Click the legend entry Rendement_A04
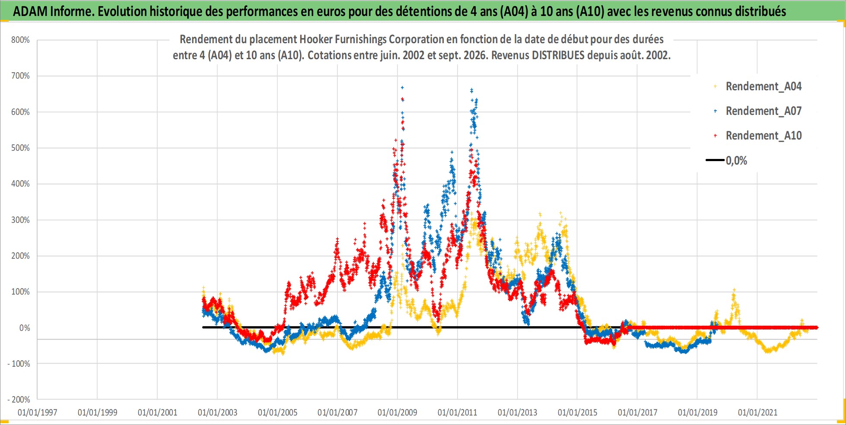763,86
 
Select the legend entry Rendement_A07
763,111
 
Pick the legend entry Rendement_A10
763,136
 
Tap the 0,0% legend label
736,161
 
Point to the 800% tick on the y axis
20,40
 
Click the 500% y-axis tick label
20,148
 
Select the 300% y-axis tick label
20,220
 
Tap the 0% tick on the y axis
25,328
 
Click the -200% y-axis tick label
19,400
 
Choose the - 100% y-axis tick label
19,364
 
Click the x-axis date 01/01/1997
38,412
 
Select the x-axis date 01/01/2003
217,412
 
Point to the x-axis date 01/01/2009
398,412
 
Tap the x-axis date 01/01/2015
577,412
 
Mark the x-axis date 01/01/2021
757,412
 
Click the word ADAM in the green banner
30,11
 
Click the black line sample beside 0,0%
715,160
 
